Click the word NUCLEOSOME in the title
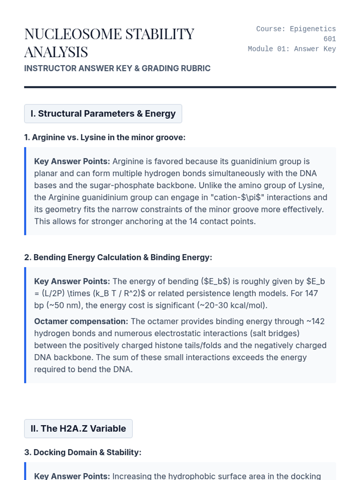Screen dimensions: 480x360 73,34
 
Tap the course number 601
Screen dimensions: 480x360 329,39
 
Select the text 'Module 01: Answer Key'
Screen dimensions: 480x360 292,49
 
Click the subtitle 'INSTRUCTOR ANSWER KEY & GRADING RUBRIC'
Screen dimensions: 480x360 117,68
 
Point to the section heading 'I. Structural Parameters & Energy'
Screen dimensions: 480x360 103,114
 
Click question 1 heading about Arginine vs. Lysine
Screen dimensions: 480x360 105,137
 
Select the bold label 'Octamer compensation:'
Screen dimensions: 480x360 81,321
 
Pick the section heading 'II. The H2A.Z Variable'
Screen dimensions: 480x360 78,429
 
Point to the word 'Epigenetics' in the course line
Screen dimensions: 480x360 313,29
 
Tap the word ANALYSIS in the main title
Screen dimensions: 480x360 56,52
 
